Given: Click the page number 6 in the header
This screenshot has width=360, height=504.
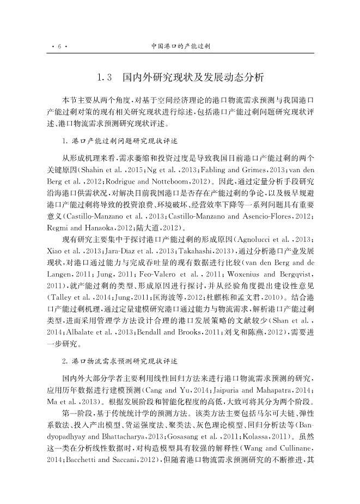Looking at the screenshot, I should click(x=58, y=47).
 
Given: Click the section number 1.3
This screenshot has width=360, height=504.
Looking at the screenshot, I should click(x=105, y=78).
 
